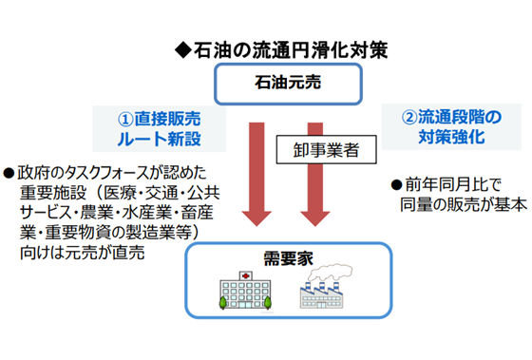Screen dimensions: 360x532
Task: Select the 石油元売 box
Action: (x=286, y=84)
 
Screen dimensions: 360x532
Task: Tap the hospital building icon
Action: (x=246, y=292)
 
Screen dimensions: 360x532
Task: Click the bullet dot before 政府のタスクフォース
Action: (x=9, y=173)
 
